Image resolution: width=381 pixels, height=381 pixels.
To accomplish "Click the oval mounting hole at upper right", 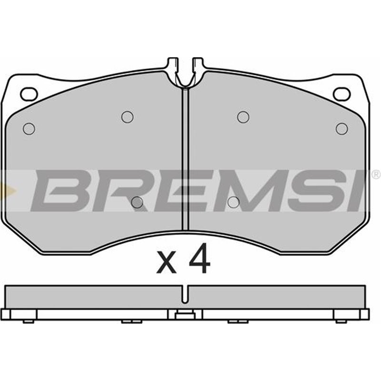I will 341,94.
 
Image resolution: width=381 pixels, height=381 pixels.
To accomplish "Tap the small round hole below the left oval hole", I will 29,128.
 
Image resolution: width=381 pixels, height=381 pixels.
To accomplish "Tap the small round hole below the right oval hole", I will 342,128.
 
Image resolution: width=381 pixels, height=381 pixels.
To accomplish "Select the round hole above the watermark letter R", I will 127,117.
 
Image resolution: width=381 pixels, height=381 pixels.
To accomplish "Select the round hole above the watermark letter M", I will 243,117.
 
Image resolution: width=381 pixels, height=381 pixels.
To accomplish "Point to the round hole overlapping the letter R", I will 137,202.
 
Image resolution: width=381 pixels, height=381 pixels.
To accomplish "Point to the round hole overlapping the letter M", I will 233,202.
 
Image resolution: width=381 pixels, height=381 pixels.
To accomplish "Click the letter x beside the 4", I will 167,263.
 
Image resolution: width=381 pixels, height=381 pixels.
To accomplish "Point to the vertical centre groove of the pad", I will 185,157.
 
